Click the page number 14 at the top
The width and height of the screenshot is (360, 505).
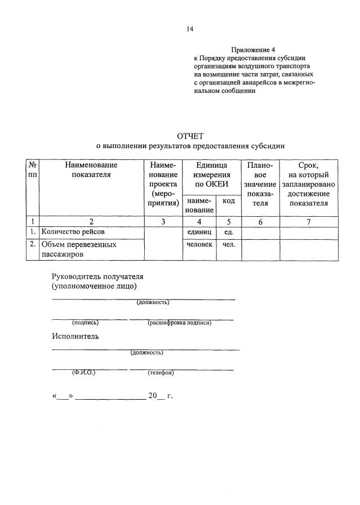coord(190,30)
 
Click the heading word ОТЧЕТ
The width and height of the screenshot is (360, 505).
coord(189,136)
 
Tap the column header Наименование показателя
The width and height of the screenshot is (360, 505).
coord(91,169)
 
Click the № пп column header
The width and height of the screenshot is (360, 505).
coord(33,169)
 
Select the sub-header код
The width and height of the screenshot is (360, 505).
coord(229,201)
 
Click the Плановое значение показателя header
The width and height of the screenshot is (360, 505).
coord(260,184)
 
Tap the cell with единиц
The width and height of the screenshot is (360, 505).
coord(199,231)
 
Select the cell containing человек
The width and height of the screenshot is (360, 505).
coord(199,244)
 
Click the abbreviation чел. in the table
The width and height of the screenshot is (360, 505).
coord(229,244)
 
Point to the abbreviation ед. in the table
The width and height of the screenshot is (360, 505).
coord(229,231)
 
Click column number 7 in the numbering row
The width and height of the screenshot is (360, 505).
coord(309,221)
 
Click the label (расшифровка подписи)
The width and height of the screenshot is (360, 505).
coord(179,323)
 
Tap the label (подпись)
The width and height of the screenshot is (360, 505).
coord(85,323)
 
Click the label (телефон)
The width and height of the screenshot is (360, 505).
coord(161,373)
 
